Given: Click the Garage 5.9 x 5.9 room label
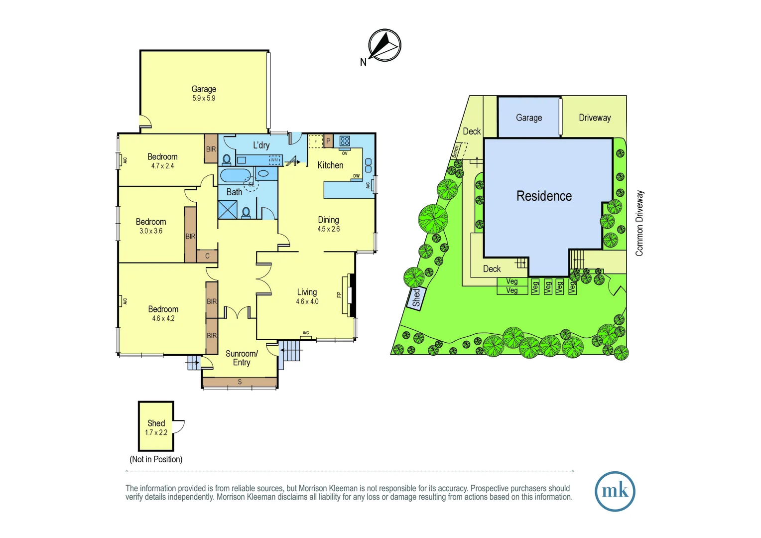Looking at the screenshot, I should click(x=204, y=93).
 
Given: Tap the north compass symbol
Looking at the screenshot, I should click(x=384, y=45).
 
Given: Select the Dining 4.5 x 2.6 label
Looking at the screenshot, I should click(x=328, y=224).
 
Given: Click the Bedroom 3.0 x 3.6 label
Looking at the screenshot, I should click(x=151, y=226).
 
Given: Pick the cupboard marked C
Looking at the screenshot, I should click(x=207, y=256).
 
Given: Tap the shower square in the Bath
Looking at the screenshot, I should click(x=228, y=209).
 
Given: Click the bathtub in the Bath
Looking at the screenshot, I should click(x=236, y=175).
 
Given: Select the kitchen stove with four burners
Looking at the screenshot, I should click(x=345, y=141).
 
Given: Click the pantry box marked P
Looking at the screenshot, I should click(x=328, y=141).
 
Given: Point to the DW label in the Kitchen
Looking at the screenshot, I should click(x=357, y=176).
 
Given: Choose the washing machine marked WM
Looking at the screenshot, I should click(x=275, y=160).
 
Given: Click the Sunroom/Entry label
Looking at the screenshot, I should click(x=242, y=358).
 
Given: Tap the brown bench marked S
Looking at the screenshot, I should click(x=240, y=382).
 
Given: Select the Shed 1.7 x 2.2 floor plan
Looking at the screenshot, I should click(x=156, y=426).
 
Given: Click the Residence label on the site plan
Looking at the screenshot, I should click(x=544, y=196).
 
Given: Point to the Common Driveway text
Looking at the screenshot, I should click(x=639, y=223).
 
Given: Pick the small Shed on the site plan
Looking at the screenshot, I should click(x=416, y=298).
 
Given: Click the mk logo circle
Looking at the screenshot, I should click(x=615, y=491).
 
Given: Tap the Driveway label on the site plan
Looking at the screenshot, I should click(x=595, y=118).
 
